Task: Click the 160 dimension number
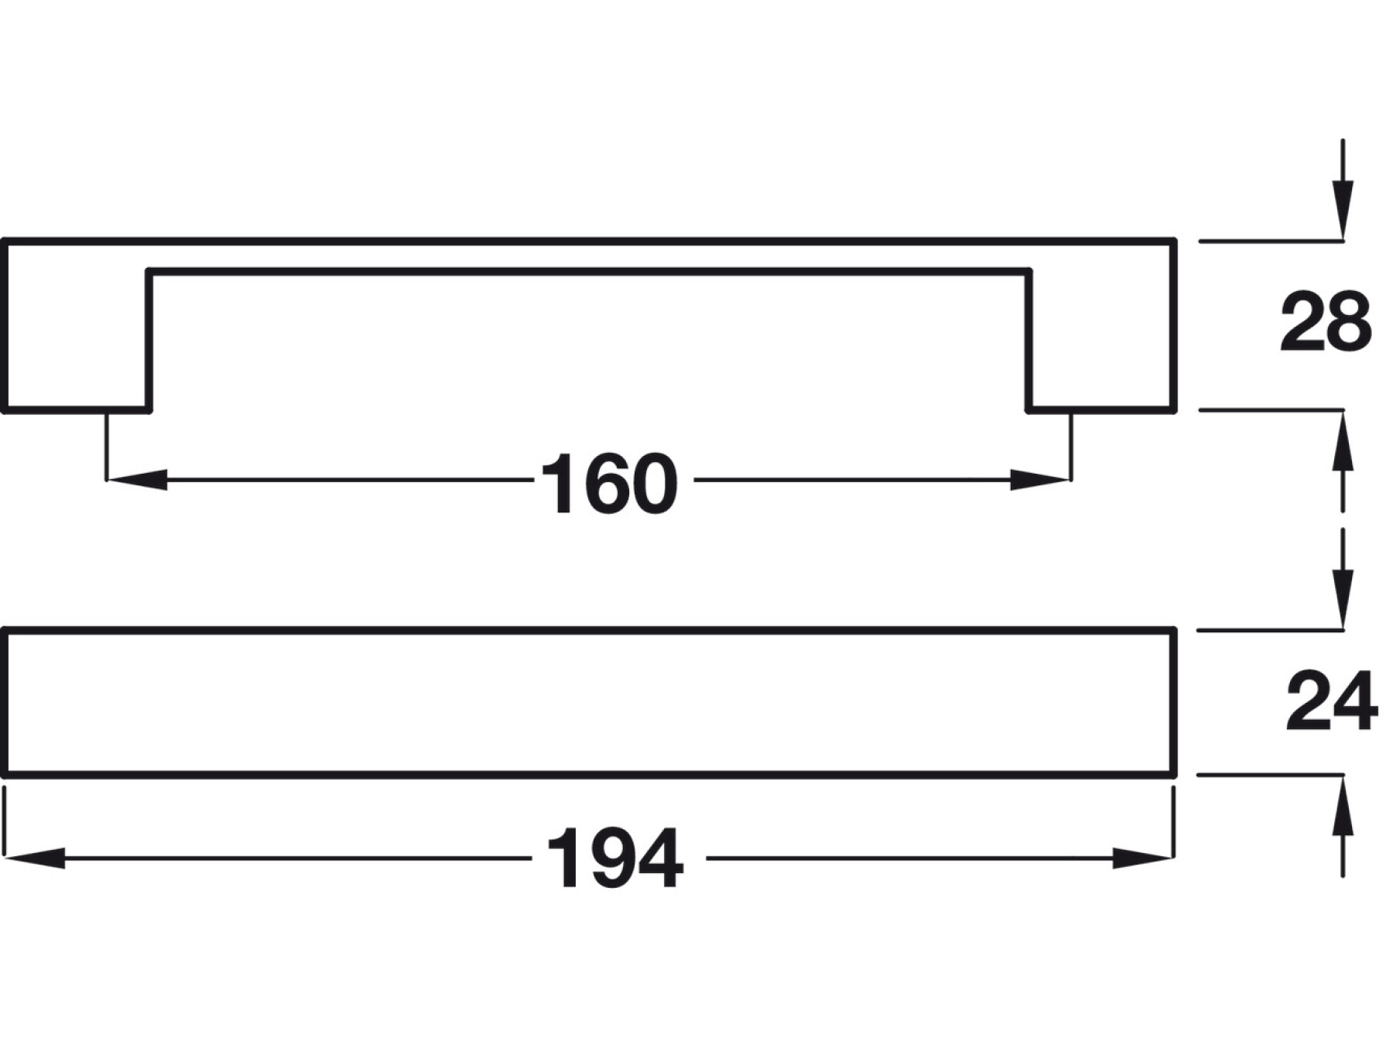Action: (x=609, y=484)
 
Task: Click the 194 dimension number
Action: (x=615, y=858)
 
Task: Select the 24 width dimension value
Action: (x=1331, y=701)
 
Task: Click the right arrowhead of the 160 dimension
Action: (x=1040, y=480)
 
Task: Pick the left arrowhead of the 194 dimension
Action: (x=35, y=858)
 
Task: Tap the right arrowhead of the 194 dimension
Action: (x=1142, y=858)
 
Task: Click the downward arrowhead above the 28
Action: (x=1343, y=209)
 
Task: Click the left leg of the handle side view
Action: (x=77, y=341)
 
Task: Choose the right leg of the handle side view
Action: (x=1102, y=341)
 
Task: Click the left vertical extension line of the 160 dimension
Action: (x=106, y=445)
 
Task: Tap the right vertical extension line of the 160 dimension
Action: (x=1072, y=445)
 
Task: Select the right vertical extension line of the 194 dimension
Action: (x=1174, y=821)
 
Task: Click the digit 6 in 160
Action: (x=608, y=484)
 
